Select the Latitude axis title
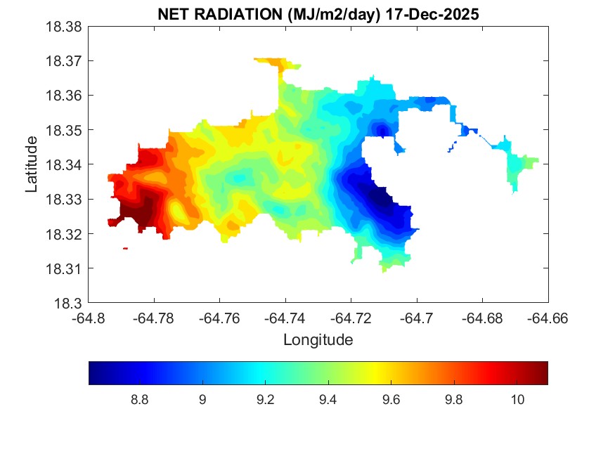[32, 165]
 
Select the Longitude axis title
[318, 340]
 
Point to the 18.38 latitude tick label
[65, 27]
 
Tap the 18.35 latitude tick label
[65, 130]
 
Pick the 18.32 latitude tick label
[65, 234]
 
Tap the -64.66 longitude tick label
[548, 318]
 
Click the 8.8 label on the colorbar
[139, 400]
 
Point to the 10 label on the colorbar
[517, 400]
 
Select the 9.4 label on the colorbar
[328, 400]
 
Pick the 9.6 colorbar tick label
[391, 400]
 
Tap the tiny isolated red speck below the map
[125, 248]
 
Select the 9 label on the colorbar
[202, 400]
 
